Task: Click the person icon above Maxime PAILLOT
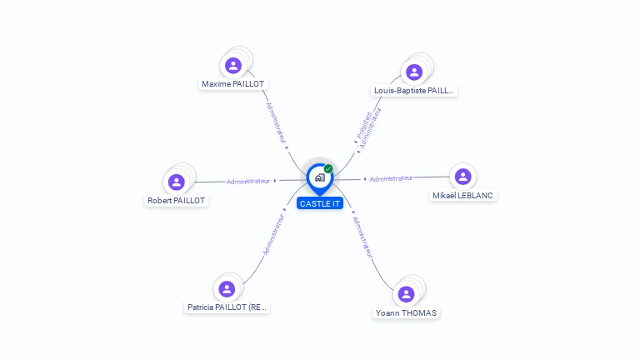click(233, 65)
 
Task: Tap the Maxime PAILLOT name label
click(233, 84)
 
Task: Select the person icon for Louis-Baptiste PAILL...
click(414, 72)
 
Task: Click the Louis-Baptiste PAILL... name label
click(414, 91)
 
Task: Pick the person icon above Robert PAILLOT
click(176, 182)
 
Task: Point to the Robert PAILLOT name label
click(176, 201)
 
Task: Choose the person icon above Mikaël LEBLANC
click(462, 177)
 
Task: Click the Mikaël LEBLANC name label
click(462, 196)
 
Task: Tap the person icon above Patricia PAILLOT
click(227, 288)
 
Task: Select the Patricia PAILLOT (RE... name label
click(227, 307)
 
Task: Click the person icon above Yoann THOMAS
click(406, 294)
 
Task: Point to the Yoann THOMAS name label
click(406, 313)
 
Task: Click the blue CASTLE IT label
click(320, 203)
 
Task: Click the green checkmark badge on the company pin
click(328, 169)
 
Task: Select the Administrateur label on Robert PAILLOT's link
click(248, 181)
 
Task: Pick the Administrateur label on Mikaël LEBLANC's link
click(391, 178)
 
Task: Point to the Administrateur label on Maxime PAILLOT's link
click(276, 123)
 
